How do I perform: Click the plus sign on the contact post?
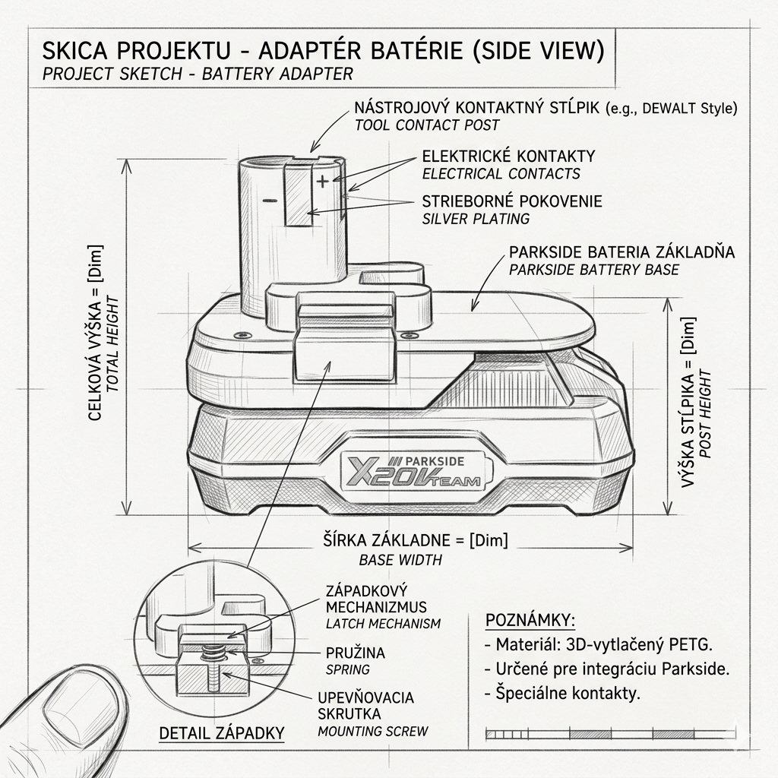[322, 181]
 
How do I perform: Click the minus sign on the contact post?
[270, 201]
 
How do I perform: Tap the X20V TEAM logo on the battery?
[414, 471]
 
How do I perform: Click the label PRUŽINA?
[356, 653]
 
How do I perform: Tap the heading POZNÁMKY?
[530, 620]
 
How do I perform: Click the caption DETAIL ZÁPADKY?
[222, 733]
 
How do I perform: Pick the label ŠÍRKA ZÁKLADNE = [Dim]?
[416, 540]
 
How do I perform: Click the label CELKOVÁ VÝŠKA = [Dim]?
[95, 333]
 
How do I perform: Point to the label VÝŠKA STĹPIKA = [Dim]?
[688, 402]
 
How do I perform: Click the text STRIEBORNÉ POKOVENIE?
[512, 201]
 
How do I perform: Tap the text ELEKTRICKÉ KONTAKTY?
[508, 157]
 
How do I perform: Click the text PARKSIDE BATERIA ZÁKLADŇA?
[621, 251]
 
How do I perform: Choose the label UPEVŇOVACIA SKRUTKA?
[365, 706]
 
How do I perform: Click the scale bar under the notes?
[610, 734]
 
